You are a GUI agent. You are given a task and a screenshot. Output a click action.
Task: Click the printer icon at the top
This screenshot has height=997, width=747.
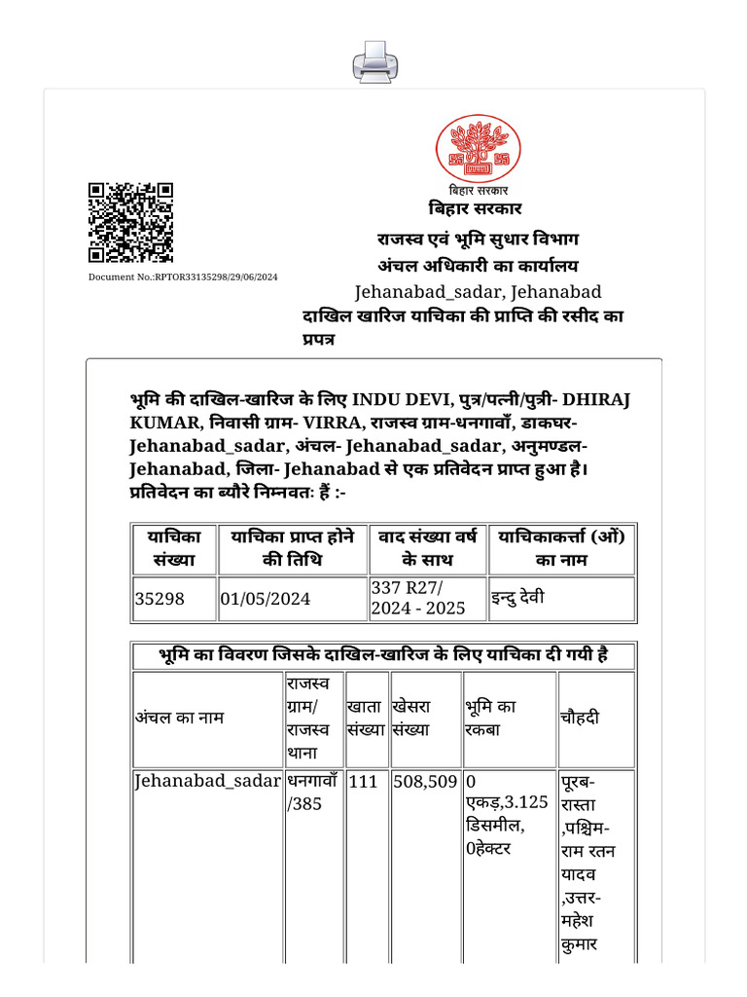(x=374, y=62)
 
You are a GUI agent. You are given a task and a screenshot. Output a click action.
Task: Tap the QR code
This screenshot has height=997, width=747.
(x=130, y=223)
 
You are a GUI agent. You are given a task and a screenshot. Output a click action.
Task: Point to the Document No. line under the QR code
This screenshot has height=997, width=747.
(x=183, y=277)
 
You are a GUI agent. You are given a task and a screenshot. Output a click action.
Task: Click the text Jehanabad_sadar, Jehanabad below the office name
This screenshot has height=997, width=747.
(x=478, y=291)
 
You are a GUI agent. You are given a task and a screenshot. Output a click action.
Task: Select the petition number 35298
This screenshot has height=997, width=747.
(x=159, y=599)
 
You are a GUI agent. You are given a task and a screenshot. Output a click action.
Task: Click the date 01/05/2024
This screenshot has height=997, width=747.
(x=266, y=599)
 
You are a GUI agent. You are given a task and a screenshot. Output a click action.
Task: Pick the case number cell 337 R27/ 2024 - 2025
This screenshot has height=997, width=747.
(x=418, y=598)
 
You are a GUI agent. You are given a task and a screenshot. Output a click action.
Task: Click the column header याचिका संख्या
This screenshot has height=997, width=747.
(x=173, y=548)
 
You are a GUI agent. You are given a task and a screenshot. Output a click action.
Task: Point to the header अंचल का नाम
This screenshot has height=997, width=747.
(x=179, y=718)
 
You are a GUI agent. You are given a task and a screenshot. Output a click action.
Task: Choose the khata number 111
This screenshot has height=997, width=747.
(x=362, y=781)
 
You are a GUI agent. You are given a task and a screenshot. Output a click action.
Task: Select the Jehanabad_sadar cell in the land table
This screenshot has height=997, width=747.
(x=207, y=781)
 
